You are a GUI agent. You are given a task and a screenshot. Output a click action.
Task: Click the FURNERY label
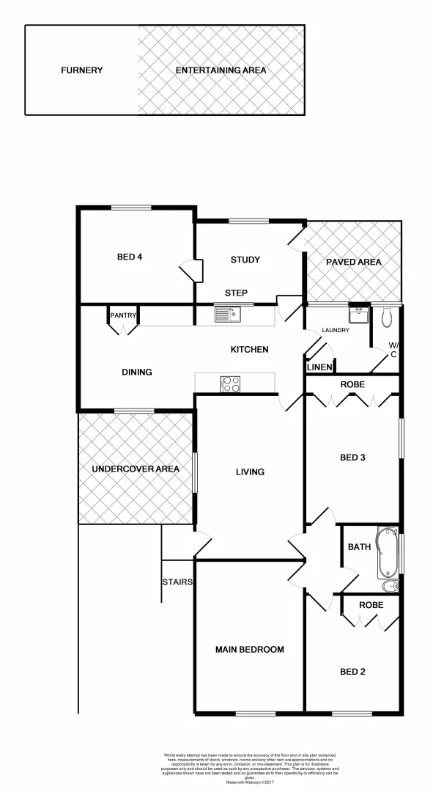click(x=81, y=70)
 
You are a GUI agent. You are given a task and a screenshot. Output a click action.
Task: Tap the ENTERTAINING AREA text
click(x=221, y=70)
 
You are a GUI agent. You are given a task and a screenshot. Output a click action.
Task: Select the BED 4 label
click(x=129, y=257)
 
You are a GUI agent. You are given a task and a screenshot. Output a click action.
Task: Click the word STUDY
click(x=245, y=260)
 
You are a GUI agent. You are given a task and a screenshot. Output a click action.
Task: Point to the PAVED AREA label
click(x=354, y=262)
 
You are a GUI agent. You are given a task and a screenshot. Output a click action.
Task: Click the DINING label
click(x=137, y=372)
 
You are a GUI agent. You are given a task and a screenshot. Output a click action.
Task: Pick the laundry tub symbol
click(x=358, y=315)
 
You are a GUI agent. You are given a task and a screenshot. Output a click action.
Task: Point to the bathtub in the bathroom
click(x=386, y=554)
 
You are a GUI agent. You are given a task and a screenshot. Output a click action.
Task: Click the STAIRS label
click(x=178, y=582)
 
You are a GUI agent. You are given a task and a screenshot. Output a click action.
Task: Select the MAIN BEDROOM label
click(x=249, y=649)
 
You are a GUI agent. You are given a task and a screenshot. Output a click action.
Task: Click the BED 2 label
click(x=352, y=671)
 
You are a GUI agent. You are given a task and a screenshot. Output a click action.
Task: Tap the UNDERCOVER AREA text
click(x=136, y=469)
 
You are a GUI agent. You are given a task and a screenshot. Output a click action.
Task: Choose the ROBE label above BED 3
click(x=352, y=384)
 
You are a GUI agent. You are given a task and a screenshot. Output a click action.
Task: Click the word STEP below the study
click(x=236, y=293)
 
